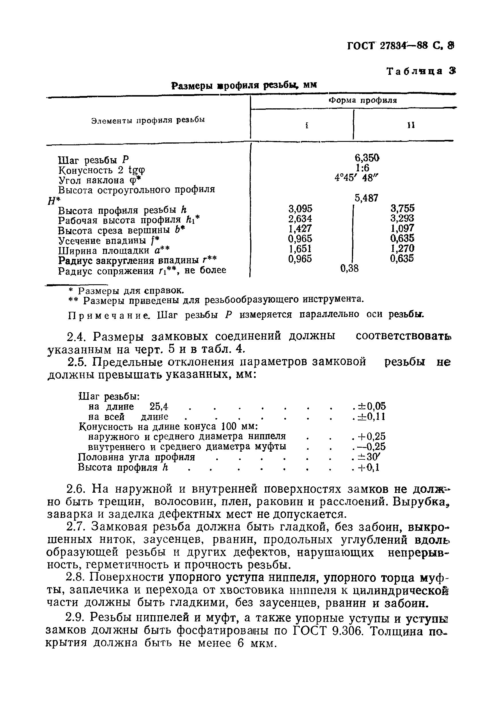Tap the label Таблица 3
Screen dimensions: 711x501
(x=421, y=71)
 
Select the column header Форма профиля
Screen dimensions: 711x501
(x=363, y=100)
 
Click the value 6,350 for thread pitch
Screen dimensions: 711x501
(x=367, y=158)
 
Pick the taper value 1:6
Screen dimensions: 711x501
(x=362, y=168)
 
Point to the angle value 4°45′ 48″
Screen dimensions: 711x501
(x=357, y=178)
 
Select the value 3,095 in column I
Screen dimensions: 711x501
(x=300, y=208)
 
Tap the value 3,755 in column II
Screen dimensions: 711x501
(x=402, y=208)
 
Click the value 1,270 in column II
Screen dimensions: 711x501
(x=402, y=248)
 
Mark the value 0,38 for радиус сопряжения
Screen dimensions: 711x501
(x=349, y=268)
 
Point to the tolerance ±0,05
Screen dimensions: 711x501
(x=371, y=406)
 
